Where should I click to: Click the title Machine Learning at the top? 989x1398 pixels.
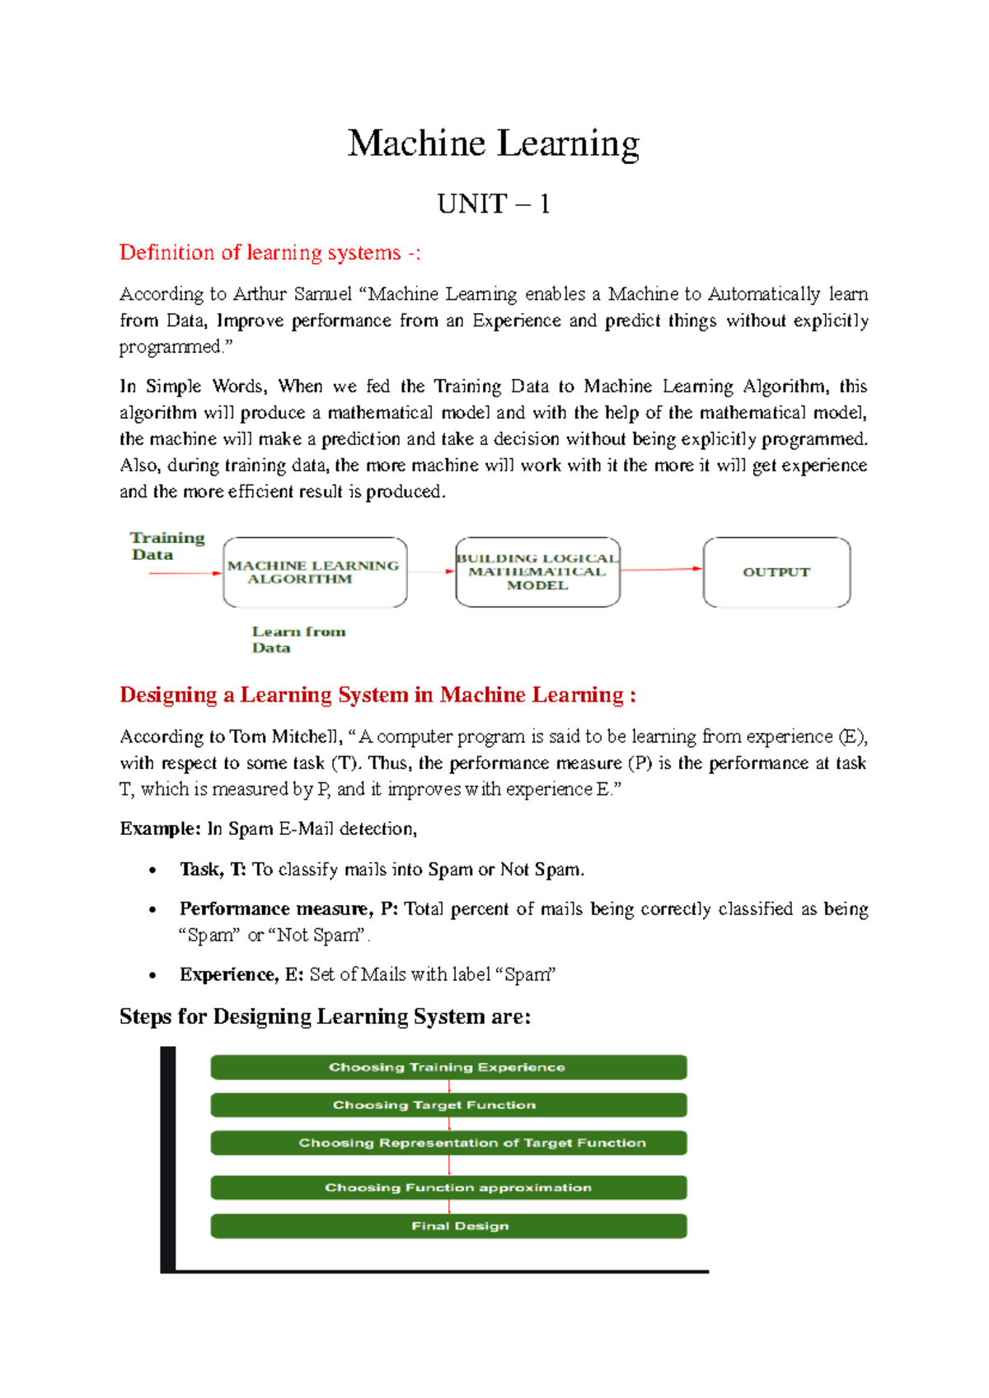tap(493, 143)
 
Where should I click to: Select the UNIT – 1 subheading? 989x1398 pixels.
tap(493, 204)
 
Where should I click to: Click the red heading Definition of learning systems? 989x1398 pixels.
tap(270, 252)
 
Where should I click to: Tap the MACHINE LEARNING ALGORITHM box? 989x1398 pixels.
tap(314, 572)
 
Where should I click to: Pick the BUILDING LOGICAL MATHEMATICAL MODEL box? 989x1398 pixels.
tap(537, 572)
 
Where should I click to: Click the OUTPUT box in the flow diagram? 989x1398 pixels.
tap(776, 572)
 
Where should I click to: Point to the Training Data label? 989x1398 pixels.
tap(166, 546)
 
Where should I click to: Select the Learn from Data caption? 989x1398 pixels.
tap(298, 639)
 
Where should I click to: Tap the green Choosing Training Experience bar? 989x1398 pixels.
tap(448, 1067)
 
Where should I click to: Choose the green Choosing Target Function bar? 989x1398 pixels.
tap(448, 1105)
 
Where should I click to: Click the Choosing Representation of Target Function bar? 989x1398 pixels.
tap(448, 1142)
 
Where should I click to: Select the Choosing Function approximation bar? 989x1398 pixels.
tap(448, 1187)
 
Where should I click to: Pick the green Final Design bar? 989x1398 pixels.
tap(448, 1226)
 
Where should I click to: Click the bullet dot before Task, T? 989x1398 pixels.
tap(152, 870)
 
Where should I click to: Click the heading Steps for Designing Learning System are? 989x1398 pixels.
tap(325, 1016)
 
